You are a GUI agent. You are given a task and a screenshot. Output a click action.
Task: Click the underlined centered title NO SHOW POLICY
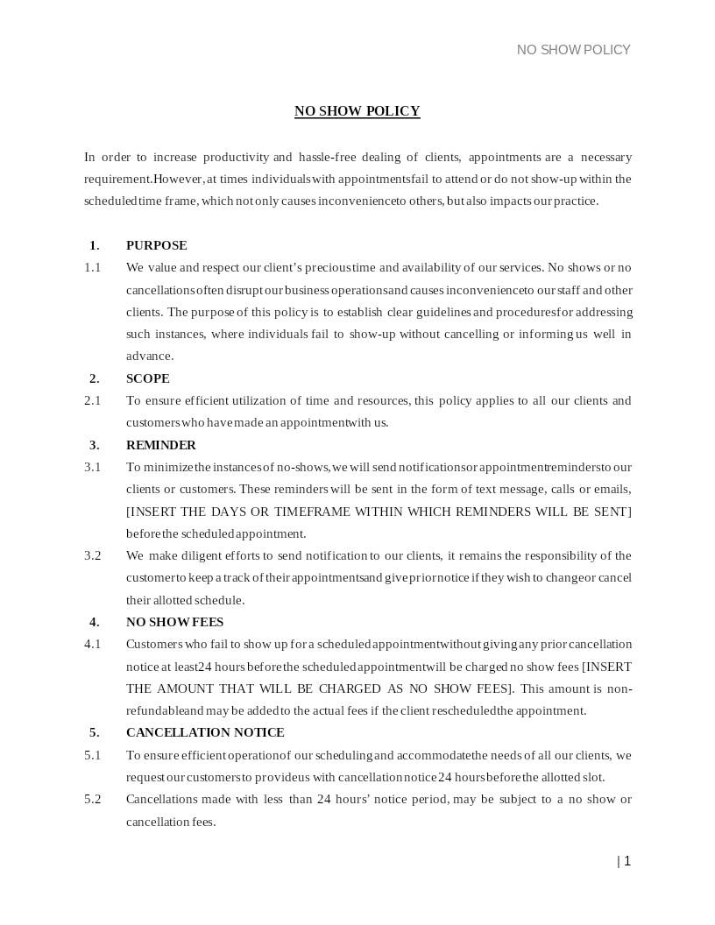[x=357, y=111]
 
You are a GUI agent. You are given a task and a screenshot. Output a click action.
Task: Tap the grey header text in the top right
[x=573, y=50]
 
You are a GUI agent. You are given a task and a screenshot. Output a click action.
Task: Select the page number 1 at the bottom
[x=627, y=861]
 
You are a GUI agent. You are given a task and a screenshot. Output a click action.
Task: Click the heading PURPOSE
[x=156, y=245]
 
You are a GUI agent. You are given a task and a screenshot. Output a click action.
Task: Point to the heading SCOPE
[x=147, y=378]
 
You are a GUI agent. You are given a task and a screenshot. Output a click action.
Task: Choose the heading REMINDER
[x=160, y=445]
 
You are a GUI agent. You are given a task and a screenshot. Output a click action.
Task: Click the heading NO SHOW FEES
[x=174, y=622]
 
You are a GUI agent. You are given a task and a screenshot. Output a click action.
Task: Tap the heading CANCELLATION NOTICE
[x=205, y=732]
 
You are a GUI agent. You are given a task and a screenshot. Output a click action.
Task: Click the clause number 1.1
[x=92, y=267]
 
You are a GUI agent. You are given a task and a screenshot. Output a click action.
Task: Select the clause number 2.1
[x=92, y=400]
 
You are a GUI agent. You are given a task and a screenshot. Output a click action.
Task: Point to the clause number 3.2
[x=92, y=555]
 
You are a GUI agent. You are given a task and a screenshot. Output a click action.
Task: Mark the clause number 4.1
[x=92, y=644]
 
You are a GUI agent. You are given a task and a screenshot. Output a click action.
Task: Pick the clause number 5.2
[x=92, y=799]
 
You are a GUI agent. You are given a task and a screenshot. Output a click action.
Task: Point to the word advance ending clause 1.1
[x=149, y=356]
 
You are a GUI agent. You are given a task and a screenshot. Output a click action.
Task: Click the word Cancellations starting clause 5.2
[x=162, y=799]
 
